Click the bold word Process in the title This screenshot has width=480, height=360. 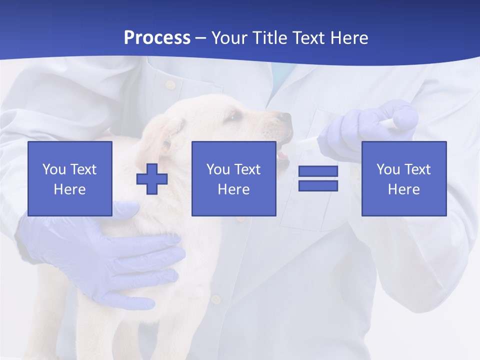pos(157,38)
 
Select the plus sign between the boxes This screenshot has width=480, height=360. pos(152,178)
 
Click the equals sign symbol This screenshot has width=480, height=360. pos(318,178)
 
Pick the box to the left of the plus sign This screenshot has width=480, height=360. pos(70,178)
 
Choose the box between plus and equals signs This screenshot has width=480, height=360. pos(233,178)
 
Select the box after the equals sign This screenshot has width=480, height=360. pos(403,178)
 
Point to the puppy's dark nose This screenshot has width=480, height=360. pos(284,118)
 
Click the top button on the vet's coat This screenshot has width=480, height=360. pos(170,85)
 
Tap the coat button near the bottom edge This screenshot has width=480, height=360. pos(216,299)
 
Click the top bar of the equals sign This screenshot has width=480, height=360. pos(318,171)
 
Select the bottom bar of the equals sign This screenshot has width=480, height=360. pos(318,185)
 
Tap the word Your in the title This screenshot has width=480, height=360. pos(229,38)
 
